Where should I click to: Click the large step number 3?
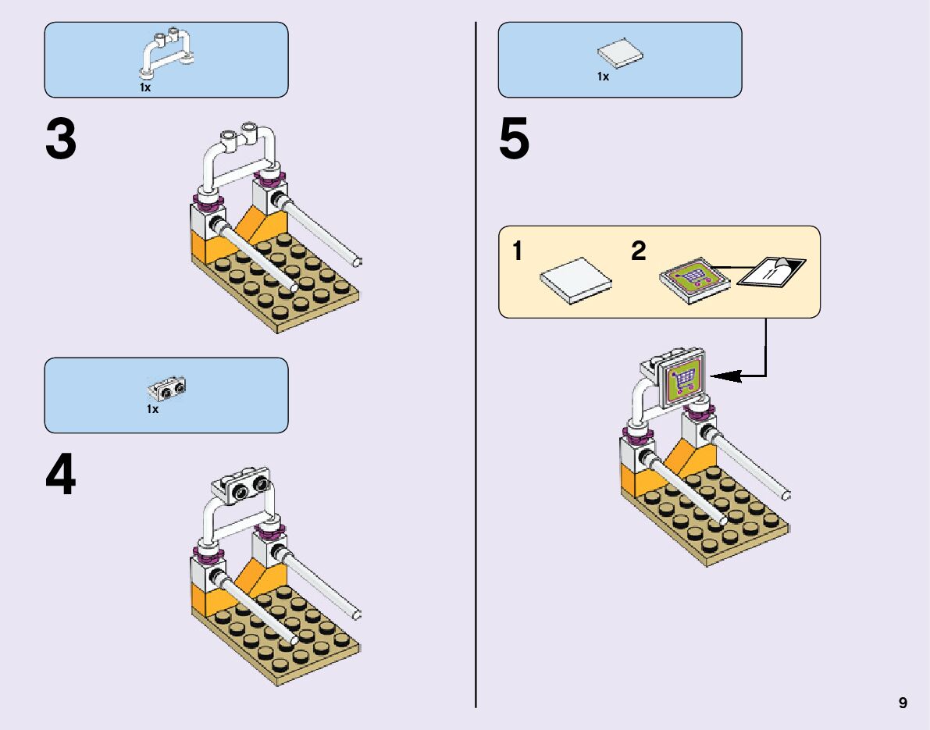(61, 141)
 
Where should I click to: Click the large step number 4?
(61, 476)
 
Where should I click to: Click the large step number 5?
(514, 141)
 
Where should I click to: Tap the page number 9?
(903, 703)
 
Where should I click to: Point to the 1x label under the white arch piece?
(145, 88)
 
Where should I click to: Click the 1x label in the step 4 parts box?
(152, 409)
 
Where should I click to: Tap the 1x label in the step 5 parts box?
(603, 77)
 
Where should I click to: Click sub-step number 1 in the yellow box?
(518, 252)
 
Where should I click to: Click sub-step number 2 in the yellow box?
(639, 252)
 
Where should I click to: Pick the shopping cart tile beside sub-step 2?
(695, 277)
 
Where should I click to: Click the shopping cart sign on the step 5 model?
(683, 378)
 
